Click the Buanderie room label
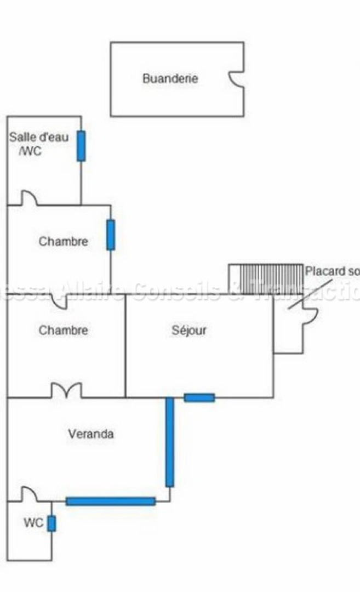click(170, 78)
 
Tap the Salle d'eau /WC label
click(38, 144)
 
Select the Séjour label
click(189, 331)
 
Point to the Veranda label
click(91, 434)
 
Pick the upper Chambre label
click(63, 241)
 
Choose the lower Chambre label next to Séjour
click(63, 331)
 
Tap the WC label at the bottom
click(33, 523)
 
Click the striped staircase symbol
click(266, 279)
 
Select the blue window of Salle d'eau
click(81, 146)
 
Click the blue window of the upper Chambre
click(111, 235)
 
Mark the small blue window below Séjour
click(199, 397)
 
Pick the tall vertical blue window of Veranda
click(170, 442)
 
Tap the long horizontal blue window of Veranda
click(111, 501)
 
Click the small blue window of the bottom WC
click(52, 523)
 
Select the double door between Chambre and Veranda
click(66, 390)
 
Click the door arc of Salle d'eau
click(29, 198)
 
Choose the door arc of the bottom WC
click(29, 494)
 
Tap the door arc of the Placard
click(310, 316)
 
